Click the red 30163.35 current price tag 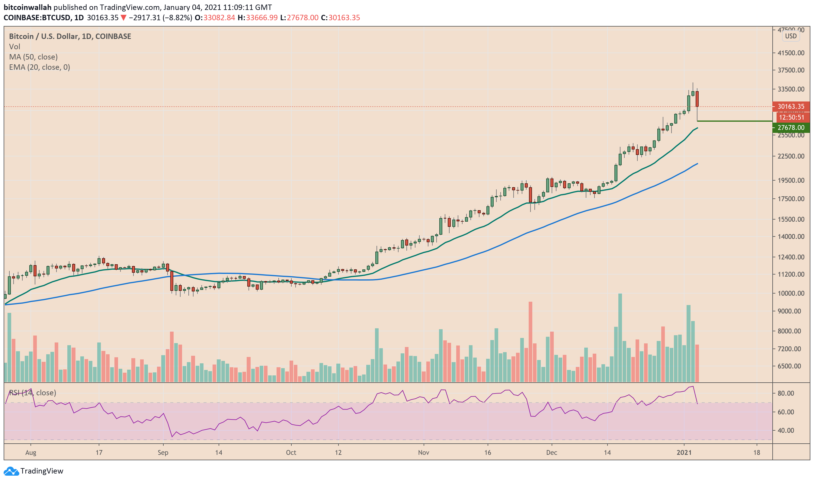(x=791, y=107)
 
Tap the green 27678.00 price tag (x=791, y=128)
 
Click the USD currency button (x=791, y=36)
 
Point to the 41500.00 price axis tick (x=791, y=53)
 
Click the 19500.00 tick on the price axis (x=791, y=181)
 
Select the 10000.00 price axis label (x=791, y=293)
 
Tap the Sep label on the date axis (x=163, y=453)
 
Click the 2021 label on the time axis (x=684, y=453)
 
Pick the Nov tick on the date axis (x=424, y=453)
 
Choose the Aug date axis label (x=31, y=453)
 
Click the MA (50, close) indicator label (x=34, y=57)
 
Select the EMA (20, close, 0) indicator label (x=40, y=67)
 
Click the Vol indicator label (x=14, y=47)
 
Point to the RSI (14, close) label (x=33, y=393)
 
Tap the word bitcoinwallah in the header (x=27, y=7)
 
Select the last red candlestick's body (x=697, y=99)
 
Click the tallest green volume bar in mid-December (x=620, y=338)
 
